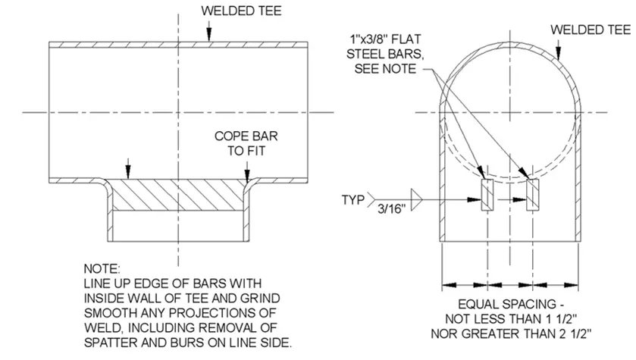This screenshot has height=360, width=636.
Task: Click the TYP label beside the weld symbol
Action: [x=352, y=201]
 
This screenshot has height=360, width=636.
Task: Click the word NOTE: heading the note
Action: [x=102, y=269]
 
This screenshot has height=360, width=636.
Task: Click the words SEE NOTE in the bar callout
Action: [x=390, y=68]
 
